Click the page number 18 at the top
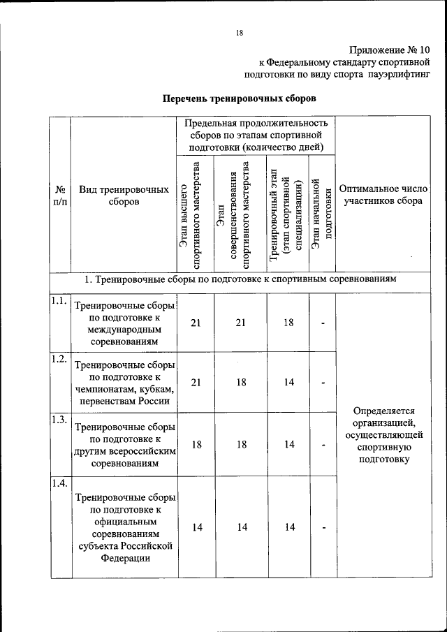(238, 32)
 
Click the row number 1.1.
(59, 301)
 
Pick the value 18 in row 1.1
(289, 322)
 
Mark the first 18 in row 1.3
(196, 444)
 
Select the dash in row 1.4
(323, 527)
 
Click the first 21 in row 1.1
(196, 322)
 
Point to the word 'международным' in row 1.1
(124, 330)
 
